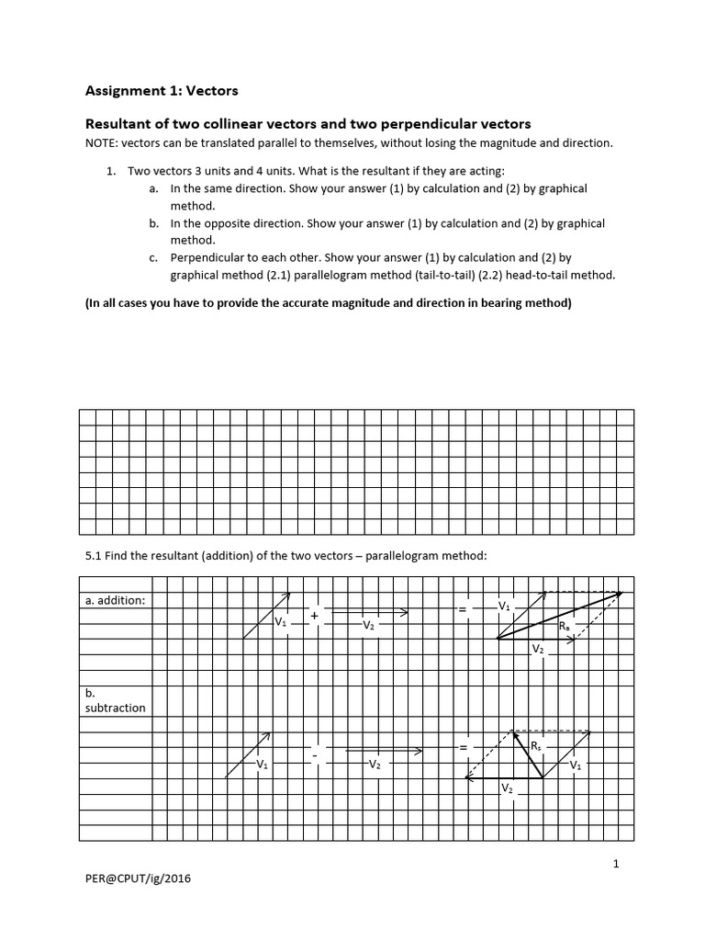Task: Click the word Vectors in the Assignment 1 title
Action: (211, 90)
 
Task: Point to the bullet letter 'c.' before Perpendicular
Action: (153, 258)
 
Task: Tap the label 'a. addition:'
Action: (115, 600)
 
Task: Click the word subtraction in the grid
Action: (115, 708)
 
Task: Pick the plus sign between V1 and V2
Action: (314, 615)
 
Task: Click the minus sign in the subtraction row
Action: (314, 755)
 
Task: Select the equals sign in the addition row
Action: (464, 608)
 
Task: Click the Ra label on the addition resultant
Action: (564, 626)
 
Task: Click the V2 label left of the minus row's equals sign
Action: (374, 764)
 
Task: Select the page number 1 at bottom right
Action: (616, 863)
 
